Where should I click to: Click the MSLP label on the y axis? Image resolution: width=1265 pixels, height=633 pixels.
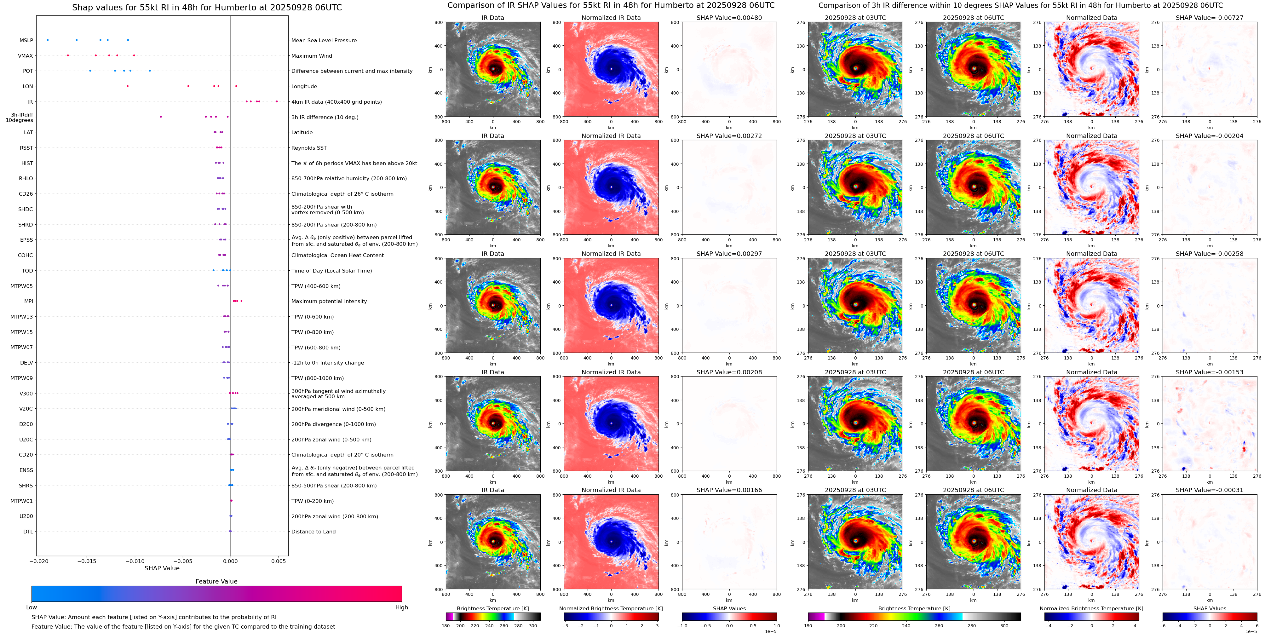(26, 40)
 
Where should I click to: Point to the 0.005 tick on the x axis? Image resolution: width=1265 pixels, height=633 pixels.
(279, 561)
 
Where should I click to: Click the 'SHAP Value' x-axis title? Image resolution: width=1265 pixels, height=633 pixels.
(162, 568)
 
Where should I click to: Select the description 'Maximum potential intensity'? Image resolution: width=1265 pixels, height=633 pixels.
(329, 301)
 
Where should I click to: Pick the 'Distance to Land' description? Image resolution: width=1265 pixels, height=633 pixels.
(313, 531)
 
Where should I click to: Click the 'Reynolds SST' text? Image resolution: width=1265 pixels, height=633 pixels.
(309, 148)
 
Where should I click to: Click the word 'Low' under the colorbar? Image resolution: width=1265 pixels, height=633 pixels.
(32, 607)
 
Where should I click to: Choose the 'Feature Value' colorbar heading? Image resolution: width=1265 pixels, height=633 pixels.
(216, 581)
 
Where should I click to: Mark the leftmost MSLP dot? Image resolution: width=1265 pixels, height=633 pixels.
(47, 40)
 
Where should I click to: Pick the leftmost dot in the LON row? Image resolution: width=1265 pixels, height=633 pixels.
(128, 86)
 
